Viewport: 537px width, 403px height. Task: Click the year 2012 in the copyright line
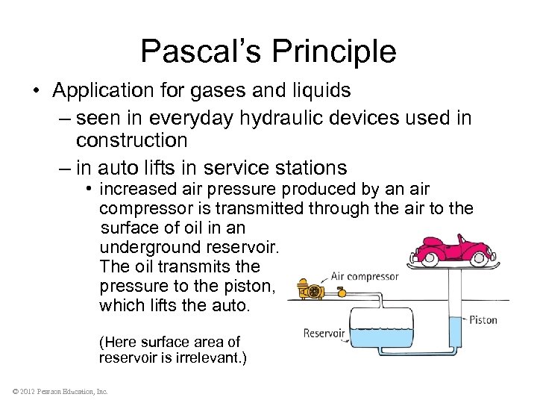27,391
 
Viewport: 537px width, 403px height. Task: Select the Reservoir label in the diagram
324,334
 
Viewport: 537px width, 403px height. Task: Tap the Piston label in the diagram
484,319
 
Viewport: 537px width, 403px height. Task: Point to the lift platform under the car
455,264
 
